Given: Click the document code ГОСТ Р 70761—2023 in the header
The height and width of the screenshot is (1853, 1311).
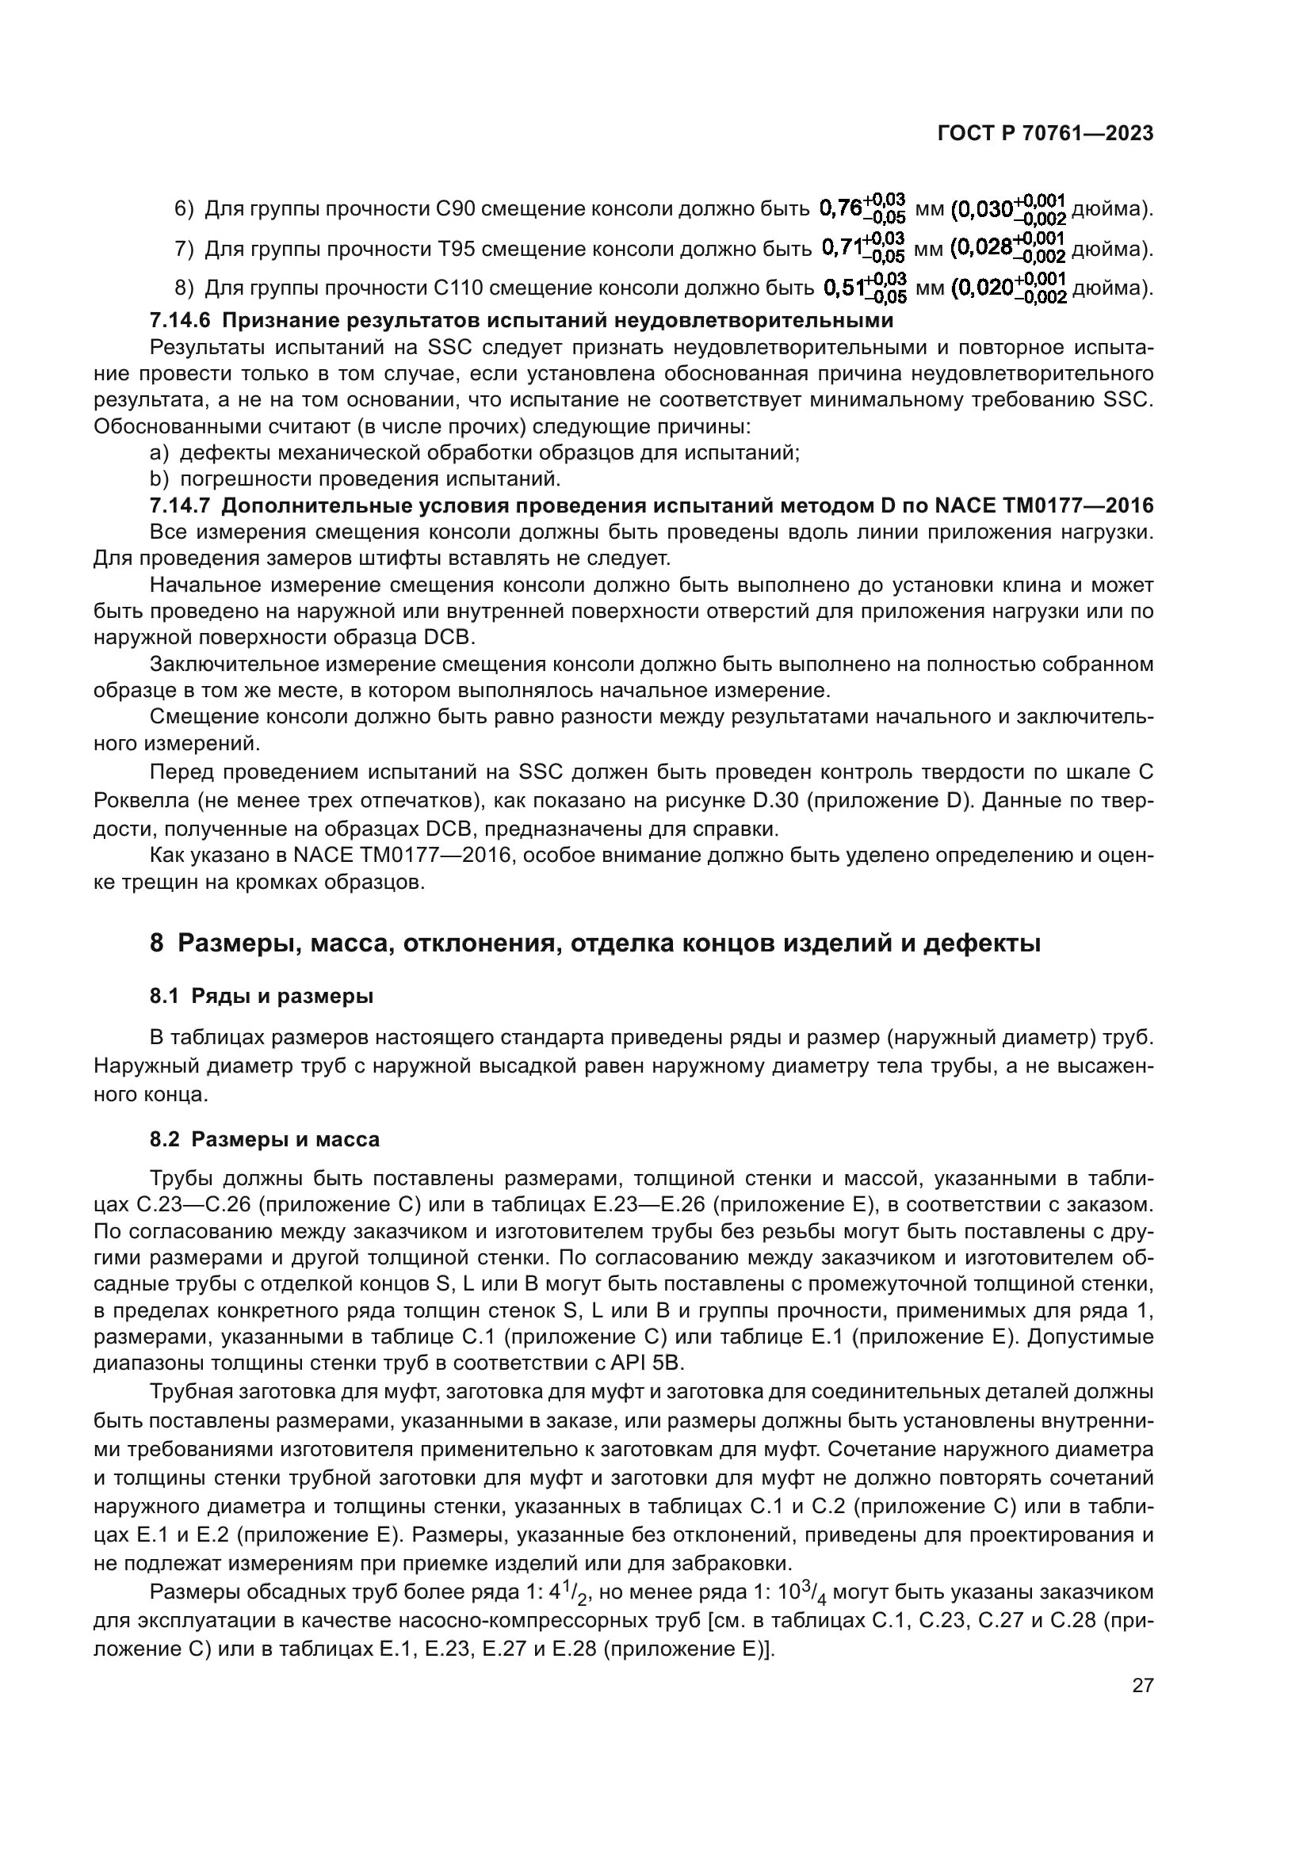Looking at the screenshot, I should (1045, 134).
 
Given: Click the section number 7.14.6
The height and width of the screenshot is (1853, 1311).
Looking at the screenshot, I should (179, 321).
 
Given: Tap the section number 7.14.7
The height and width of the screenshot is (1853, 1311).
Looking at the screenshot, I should (179, 506).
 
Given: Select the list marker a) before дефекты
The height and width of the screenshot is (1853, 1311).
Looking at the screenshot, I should (159, 453).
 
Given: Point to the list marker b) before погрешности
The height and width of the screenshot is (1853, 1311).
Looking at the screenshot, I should (159, 479).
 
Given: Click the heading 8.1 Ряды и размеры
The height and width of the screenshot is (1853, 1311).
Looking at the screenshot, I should (262, 997).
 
